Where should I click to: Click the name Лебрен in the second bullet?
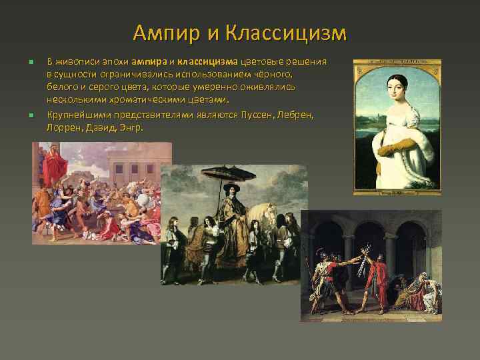point(297,115)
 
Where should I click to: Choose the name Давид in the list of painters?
point(101,127)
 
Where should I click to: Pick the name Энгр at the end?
point(131,127)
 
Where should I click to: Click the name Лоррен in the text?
point(63,127)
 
